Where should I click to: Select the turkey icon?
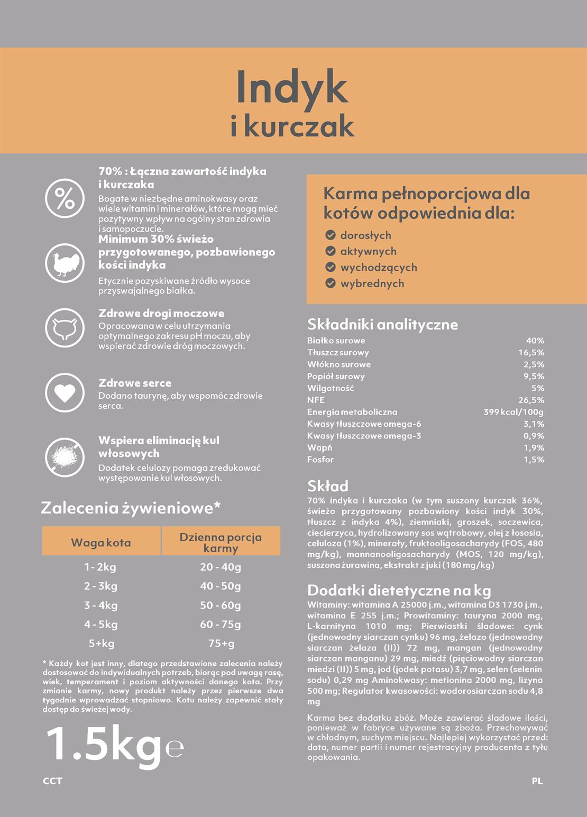65,263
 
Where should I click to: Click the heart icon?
65,392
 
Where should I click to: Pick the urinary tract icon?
65,328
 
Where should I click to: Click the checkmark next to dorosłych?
331,235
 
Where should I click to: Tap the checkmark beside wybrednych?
331,283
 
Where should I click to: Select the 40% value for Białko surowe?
535,341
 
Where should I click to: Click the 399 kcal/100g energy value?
513,412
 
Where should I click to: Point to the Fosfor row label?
320,460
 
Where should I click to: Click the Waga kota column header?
101,543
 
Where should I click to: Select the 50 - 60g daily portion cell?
221,605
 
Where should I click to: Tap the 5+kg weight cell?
101,644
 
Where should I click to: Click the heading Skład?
328,486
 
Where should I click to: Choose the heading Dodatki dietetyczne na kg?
399,590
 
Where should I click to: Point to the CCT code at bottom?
52,781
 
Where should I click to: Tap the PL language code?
537,781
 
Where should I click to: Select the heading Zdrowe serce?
135,383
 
